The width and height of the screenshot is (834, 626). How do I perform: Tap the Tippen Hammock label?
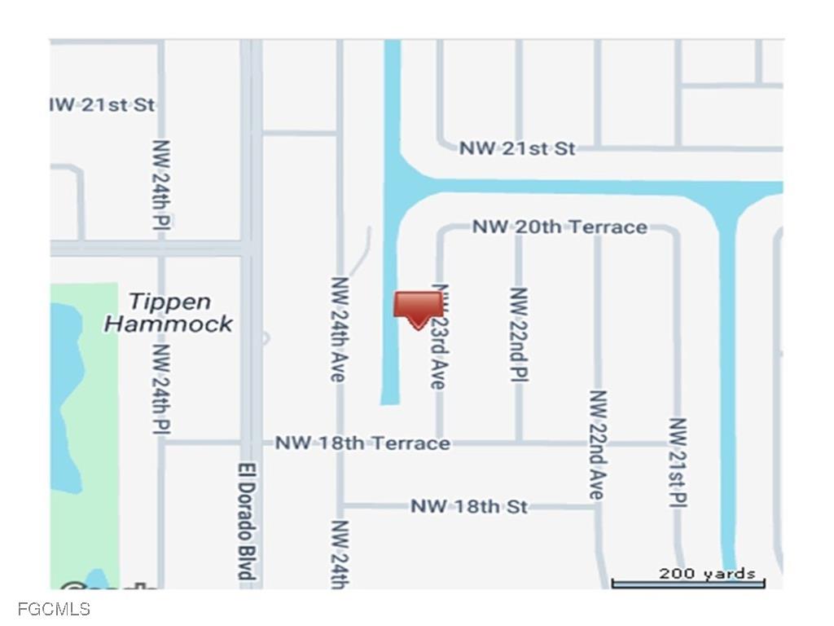click(169, 313)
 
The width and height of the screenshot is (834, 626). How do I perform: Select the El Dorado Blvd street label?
click(244, 522)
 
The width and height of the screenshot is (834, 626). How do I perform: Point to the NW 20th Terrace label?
click(560, 227)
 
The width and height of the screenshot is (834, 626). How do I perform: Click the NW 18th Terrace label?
click(362, 443)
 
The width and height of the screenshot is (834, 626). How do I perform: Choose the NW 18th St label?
click(468, 506)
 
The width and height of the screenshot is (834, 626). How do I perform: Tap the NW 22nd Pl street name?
click(519, 334)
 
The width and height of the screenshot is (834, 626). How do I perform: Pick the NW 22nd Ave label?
click(598, 445)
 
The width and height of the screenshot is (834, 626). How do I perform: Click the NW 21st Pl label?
click(678, 462)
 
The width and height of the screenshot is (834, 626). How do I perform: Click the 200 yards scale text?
click(706, 574)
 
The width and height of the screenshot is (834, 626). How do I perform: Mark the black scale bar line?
click(688, 584)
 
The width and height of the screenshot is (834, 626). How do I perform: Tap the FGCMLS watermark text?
click(53, 609)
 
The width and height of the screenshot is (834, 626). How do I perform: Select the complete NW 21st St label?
click(517, 148)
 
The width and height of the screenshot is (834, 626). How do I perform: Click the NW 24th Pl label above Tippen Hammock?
click(162, 184)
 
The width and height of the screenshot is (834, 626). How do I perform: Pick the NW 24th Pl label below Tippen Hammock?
click(162, 389)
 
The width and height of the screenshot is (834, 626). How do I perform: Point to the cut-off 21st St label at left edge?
click(103, 105)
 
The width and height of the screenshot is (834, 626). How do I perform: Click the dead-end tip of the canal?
click(390, 399)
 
